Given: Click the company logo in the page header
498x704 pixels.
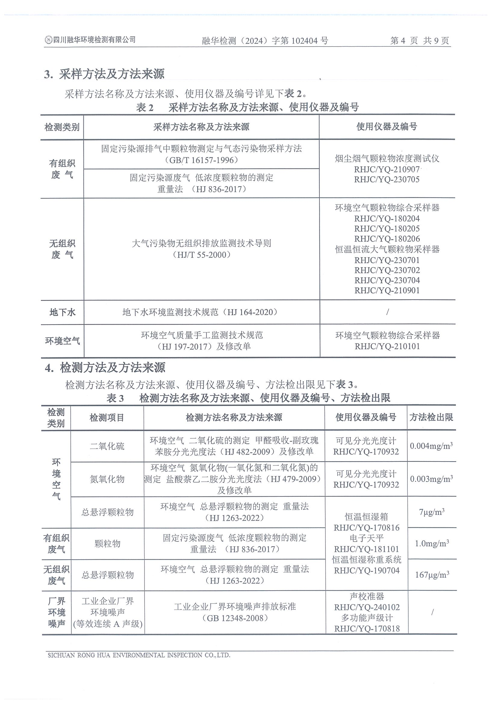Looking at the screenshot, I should click(x=48, y=40).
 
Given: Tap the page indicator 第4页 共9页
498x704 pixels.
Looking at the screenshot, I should click(x=419, y=41).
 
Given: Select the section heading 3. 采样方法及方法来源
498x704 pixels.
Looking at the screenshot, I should click(x=104, y=74).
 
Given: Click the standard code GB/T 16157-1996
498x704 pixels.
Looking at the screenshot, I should click(x=202, y=160).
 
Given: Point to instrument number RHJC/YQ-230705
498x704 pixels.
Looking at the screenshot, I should click(x=387, y=179).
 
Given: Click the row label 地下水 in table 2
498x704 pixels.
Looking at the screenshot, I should click(x=62, y=313).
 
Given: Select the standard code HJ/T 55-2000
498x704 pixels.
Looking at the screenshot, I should click(x=202, y=255).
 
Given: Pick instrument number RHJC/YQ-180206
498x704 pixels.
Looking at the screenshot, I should click(x=387, y=239).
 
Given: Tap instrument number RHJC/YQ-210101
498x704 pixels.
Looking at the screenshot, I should click(x=387, y=347).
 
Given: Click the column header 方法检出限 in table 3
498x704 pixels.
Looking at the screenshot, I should click(x=431, y=417).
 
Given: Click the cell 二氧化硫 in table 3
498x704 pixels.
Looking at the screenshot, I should click(x=107, y=446).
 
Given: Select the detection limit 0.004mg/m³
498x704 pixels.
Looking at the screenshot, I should click(x=431, y=446).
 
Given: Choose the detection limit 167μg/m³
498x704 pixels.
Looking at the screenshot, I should click(x=432, y=575).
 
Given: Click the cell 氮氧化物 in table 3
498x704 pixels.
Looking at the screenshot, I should click(x=107, y=479).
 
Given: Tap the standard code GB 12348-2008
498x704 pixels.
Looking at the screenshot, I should click(x=235, y=618).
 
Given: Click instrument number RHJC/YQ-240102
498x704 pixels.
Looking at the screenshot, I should click(x=367, y=607).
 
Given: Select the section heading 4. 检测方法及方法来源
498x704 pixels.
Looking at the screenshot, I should click(x=105, y=368).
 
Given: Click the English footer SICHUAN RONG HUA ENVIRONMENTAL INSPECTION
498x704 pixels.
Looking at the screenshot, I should click(x=139, y=655).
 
